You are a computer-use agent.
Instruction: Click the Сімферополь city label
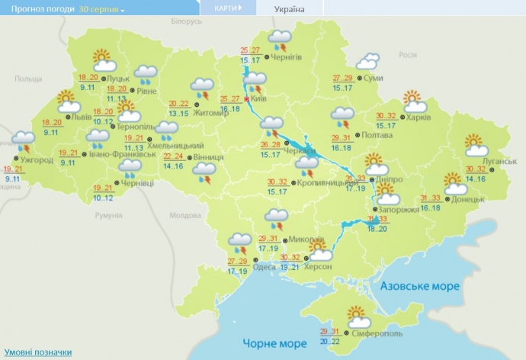pyautogui.click(x=379, y=334)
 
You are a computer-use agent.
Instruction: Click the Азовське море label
pyautogui.click(x=421, y=286)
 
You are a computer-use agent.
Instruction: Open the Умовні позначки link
pyautogui.click(x=37, y=352)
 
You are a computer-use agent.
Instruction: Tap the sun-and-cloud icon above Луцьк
pyautogui.click(x=101, y=59)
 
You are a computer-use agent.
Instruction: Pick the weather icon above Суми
pyautogui.click(x=368, y=61)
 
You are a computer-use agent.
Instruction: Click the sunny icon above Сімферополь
pyautogui.click(x=357, y=314)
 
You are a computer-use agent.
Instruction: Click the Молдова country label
pyautogui.click(x=182, y=215)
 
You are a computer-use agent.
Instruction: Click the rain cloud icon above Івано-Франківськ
pyautogui.click(x=98, y=138)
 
